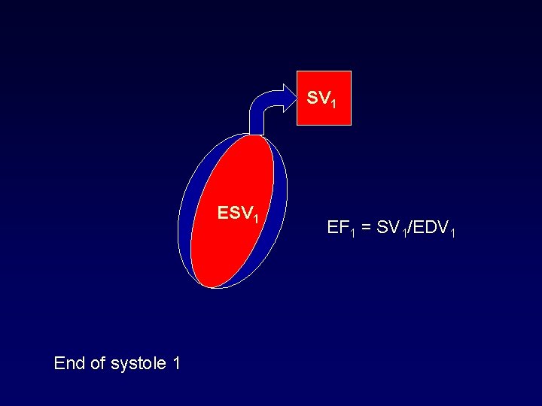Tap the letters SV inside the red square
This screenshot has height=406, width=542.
[319, 98]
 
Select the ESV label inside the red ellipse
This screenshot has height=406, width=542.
[233, 213]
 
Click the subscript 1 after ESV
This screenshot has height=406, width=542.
[256, 220]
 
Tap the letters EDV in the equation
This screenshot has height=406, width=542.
[427, 226]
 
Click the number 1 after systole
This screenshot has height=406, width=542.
[176, 364]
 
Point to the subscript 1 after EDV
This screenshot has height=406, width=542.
[452, 232]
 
